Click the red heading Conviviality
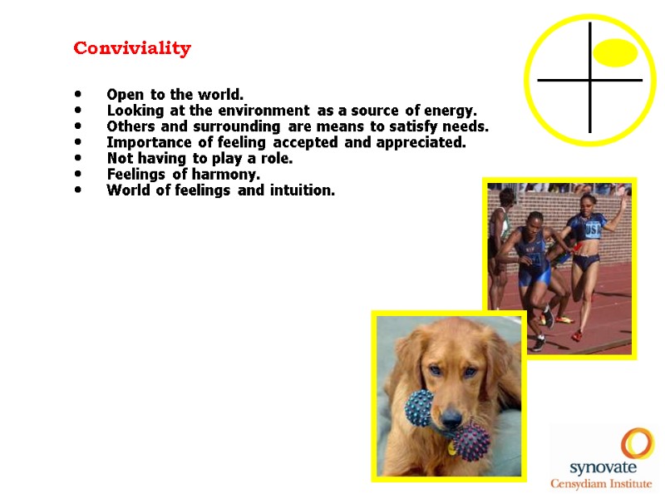coord(132,48)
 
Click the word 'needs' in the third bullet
coord(467,126)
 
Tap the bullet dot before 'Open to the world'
coord(78,94)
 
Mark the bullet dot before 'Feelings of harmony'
coord(78,175)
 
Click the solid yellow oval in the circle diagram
coord(616,52)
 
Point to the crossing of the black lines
coord(589,80)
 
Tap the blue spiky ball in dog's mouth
coord(419,407)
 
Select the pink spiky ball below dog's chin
coord(472,441)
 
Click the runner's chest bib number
coord(593,228)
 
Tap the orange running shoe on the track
coord(576,335)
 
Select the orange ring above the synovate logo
coord(638,442)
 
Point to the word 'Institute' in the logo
coord(631,483)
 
